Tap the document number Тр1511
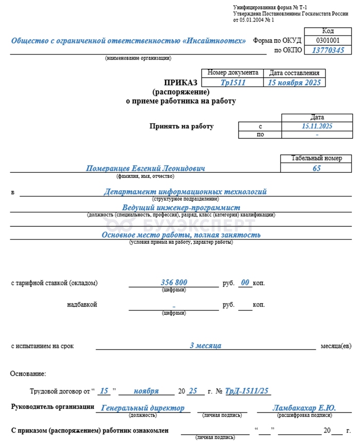(232, 82)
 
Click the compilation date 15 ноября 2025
(295, 82)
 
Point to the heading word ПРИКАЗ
(180, 83)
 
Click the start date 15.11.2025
(317, 126)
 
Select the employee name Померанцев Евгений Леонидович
(146, 169)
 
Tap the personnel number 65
(317, 168)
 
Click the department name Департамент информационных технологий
(185, 192)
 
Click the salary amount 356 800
(174, 282)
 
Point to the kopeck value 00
(245, 282)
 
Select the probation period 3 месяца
(205, 346)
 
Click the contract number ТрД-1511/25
(248, 391)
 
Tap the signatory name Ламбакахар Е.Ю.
(304, 408)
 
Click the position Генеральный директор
(142, 408)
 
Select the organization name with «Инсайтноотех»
(129, 41)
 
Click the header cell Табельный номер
(316, 158)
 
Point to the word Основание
(28, 373)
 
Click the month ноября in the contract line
(146, 391)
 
